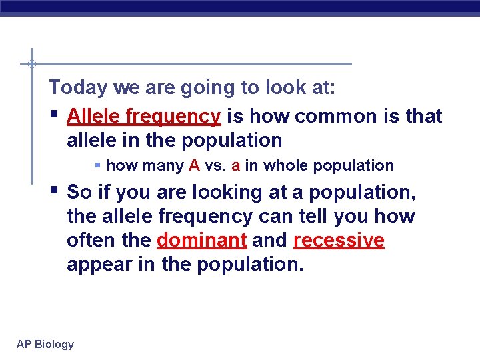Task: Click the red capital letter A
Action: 194,165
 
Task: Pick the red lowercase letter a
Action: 235,165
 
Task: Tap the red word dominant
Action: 201,240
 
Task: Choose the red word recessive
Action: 339,240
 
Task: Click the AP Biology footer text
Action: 45,344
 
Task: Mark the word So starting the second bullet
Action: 79,192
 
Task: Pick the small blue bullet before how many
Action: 98,165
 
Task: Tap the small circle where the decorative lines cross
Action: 31,64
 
